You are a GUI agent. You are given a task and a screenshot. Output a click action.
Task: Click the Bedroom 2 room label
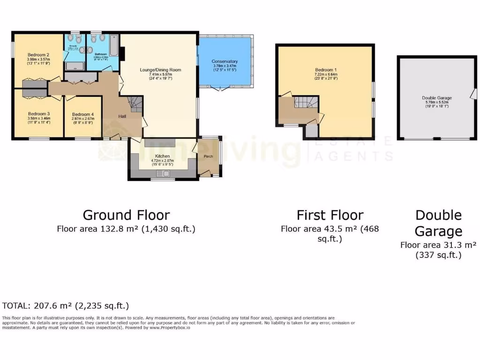pos(38,54)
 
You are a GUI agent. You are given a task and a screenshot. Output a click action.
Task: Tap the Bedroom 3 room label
pos(38,114)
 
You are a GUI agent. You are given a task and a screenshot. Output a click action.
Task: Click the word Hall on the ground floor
pos(122,116)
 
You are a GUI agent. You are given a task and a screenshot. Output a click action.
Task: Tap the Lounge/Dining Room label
pos(160,70)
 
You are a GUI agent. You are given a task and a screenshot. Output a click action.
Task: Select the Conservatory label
pos(225,61)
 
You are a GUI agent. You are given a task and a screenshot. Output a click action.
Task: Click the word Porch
pos(208,156)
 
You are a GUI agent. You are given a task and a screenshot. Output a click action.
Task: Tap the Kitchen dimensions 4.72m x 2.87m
pos(162,161)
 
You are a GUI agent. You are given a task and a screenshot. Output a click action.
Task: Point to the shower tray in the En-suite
pos(74,66)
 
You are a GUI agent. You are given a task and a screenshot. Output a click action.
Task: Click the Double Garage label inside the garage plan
pos(436,98)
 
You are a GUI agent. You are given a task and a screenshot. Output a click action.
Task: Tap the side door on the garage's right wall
pos(473,95)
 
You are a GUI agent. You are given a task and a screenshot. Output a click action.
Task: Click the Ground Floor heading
pos(126,215)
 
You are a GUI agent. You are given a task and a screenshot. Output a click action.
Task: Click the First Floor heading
pos(330,215)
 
